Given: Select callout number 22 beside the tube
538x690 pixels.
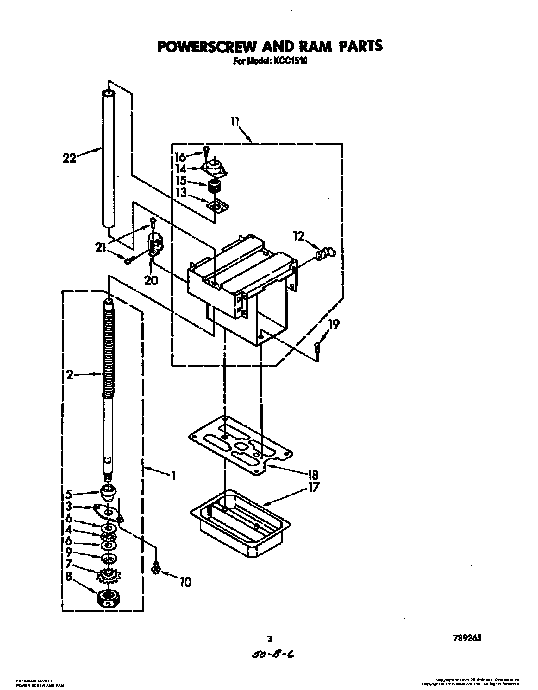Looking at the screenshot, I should (69, 157).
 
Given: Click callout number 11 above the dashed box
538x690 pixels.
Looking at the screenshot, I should (235, 122).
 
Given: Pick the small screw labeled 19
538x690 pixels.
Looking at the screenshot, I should (317, 347).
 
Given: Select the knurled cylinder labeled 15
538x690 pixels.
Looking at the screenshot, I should (214, 186).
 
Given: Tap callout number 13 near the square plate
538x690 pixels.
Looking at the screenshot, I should (182, 193).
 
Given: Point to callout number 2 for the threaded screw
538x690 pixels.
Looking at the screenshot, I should (70, 375).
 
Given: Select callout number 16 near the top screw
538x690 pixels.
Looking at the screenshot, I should (181, 157).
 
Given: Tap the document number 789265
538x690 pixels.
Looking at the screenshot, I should (466, 637).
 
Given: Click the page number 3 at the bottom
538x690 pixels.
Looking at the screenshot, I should (269, 638).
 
